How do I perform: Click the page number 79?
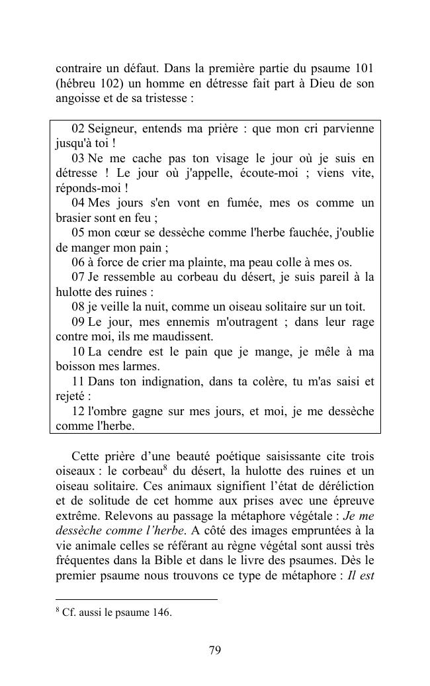click(214, 650)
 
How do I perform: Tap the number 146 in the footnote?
click(162, 612)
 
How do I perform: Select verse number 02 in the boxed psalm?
click(78, 128)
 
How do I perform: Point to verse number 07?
click(78, 277)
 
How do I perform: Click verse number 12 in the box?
click(78, 411)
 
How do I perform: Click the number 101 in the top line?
click(363, 68)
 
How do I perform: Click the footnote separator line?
click(136, 599)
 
